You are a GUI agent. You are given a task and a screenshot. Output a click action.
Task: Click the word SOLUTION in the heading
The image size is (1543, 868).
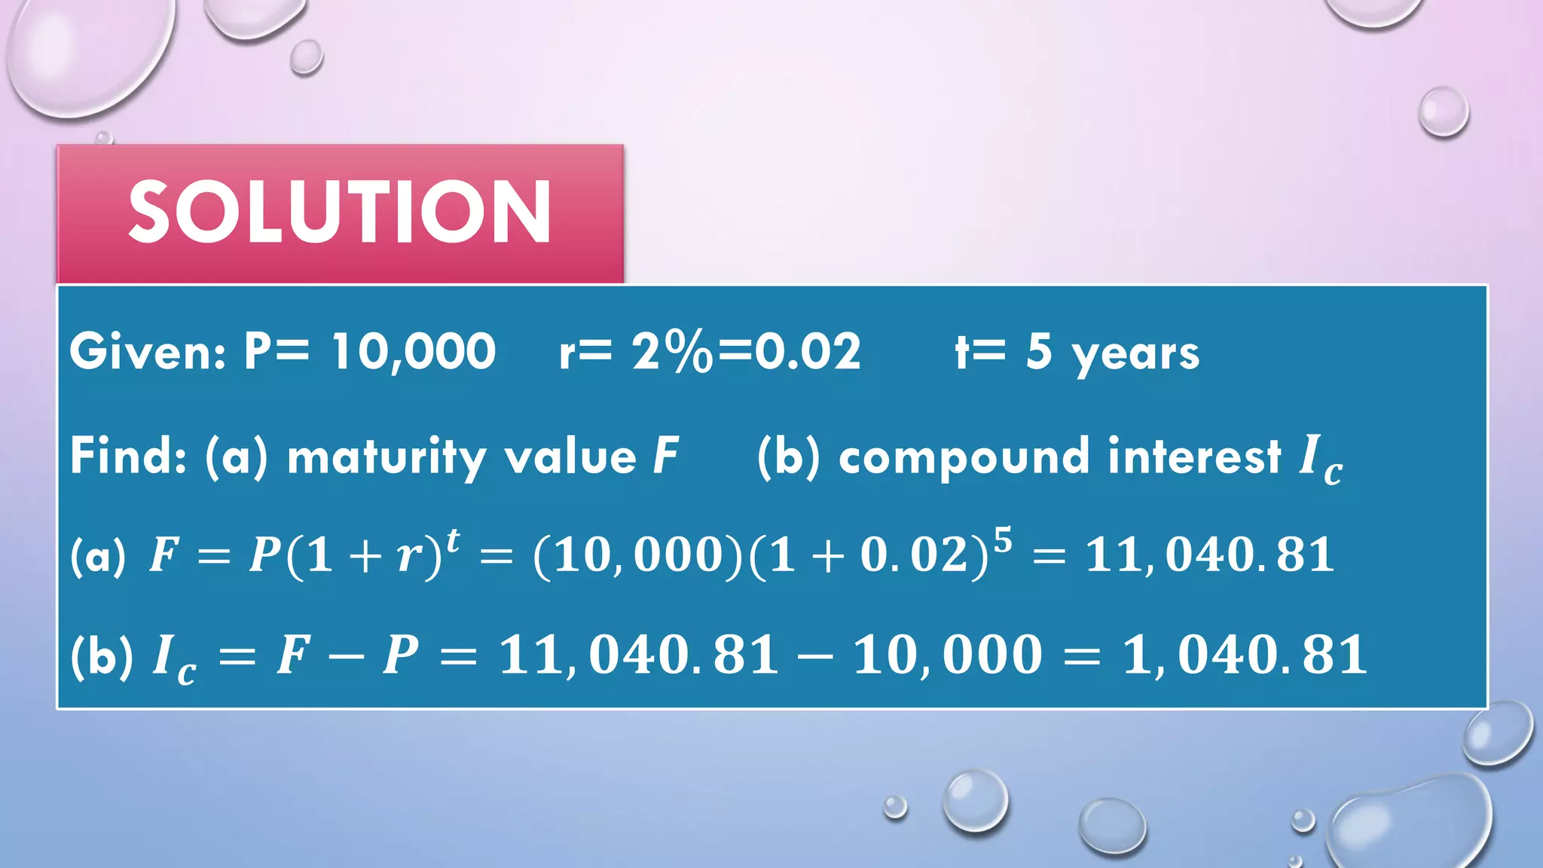click(x=339, y=212)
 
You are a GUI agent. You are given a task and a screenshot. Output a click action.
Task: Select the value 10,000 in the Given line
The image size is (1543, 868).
click(x=414, y=352)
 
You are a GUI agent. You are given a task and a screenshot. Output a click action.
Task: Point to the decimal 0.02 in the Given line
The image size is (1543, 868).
click(x=808, y=352)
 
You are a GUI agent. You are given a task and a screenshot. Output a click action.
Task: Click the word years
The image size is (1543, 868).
click(x=1135, y=354)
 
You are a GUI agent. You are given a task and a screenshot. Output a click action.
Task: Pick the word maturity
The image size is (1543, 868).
click(x=387, y=457)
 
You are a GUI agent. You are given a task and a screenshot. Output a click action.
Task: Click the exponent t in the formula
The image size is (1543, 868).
click(x=453, y=541)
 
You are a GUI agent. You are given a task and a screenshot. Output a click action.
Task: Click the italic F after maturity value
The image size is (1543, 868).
click(x=666, y=456)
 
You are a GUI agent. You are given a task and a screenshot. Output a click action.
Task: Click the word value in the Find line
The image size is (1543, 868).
click(x=570, y=457)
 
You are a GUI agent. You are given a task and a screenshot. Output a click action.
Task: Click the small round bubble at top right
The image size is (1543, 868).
click(x=1443, y=112)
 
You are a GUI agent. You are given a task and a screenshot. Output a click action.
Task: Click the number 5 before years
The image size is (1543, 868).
click(x=1038, y=351)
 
